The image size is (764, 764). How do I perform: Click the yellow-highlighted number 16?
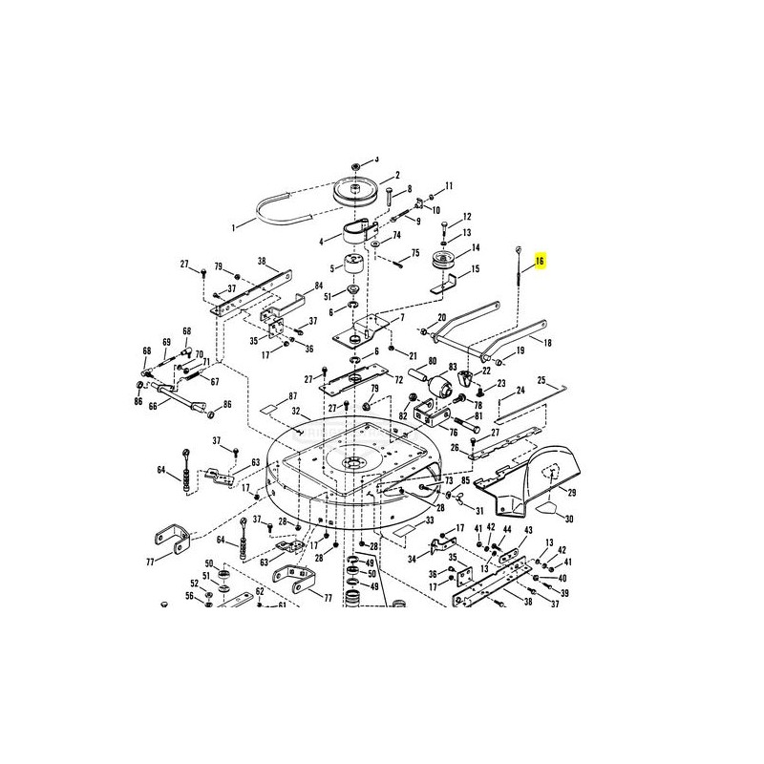coord(540,261)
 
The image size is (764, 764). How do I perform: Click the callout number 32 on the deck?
coord(296,413)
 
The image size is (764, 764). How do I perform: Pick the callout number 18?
coord(547,342)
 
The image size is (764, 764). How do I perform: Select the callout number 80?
coord(432,361)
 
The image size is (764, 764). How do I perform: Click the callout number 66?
coord(152,405)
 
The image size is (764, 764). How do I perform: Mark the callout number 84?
coord(319,286)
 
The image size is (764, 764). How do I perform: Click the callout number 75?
coord(414,253)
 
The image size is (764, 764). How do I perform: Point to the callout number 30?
coord(569,519)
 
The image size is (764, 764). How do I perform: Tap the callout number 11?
coord(449,184)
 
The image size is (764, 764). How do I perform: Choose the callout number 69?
coord(166,341)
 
